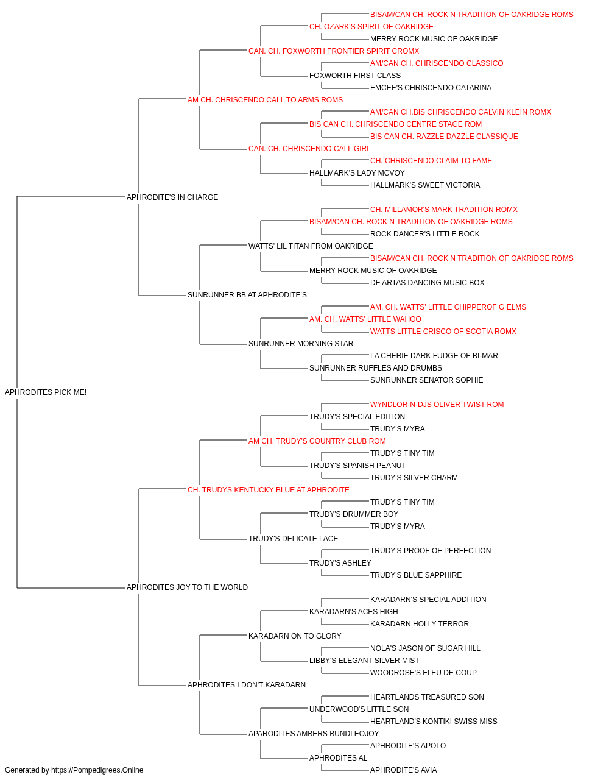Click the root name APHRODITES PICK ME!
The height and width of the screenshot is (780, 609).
(x=46, y=392)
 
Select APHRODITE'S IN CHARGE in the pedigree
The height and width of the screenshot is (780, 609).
(x=172, y=197)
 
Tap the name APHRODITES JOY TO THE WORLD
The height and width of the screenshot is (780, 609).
(x=187, y=587)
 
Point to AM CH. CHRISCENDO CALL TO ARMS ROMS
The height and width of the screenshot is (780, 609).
(x=265, y=100)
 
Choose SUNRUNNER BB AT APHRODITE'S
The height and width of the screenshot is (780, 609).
(x=247, y=295)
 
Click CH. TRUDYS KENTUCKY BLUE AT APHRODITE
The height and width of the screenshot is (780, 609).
(x=269, y=489)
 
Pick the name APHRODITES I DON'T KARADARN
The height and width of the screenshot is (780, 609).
(x=247, y=685)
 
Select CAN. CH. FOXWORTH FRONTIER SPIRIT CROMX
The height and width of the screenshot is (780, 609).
(x=334, y=51)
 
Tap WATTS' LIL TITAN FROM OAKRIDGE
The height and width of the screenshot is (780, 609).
(x=311, y=246)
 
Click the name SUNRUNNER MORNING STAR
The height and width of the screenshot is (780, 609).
(x=301, y=344)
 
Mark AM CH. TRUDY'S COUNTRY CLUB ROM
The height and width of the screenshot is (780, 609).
(x=317, y=441)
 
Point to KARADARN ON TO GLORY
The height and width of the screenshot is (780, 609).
(x=295, y=636)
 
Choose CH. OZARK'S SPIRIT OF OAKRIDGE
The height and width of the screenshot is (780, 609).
(x=371, y=27)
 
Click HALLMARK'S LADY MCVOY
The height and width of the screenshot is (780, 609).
(x=357, y=173)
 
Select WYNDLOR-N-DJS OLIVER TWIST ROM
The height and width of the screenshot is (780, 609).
(x=437, y=405)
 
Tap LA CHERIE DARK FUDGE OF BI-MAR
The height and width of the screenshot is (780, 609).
(x=434, y=356)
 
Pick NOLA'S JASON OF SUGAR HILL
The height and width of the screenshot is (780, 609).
(x=425, y=648)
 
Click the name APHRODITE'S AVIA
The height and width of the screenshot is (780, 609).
(x=404, y=770)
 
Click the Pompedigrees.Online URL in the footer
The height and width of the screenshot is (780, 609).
(x=97, y=770)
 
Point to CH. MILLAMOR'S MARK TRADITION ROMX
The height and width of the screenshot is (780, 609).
(x=444, y=209)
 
